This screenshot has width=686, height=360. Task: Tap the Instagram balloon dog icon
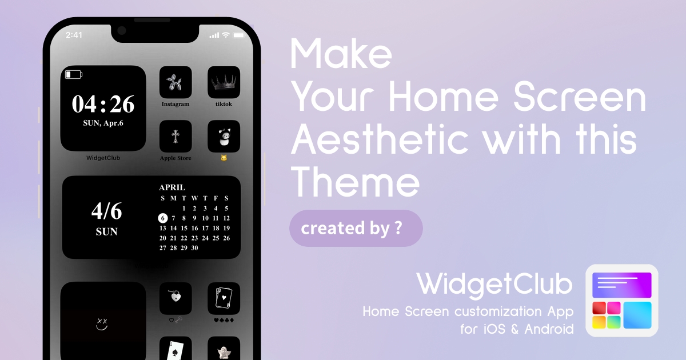(176, 82)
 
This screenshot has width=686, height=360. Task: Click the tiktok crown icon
(224, 82)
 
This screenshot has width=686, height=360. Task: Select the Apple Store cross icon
(176, 136)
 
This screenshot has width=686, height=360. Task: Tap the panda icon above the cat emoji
(224, 136)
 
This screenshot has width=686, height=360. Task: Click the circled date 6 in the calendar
(163, 218)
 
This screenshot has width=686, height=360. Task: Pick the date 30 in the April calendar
(195, 248)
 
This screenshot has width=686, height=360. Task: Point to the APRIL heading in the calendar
(172, 187)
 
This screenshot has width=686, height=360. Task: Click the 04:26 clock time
(103, 104)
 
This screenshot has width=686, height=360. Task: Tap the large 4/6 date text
(106, 211)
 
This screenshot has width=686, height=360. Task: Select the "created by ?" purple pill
(356, 228)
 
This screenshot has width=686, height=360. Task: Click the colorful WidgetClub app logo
(622, 301)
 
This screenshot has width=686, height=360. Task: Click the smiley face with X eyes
(102, 325)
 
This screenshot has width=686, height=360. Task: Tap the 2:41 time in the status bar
(74, 35)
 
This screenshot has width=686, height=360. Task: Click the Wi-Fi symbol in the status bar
(226, 35)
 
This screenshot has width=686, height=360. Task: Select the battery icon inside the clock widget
(74, 74)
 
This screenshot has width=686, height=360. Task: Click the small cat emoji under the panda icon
(224, 158)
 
